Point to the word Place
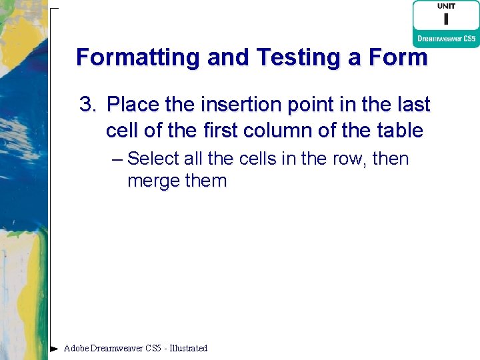[x=133, y=105]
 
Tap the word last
[x=413, y=105]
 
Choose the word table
[x=398, y=130]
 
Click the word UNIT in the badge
[x=446, y=7]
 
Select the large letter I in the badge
[x=446, y=21]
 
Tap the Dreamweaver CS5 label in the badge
[x=446, y=39]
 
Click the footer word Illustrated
[x=189, y=348]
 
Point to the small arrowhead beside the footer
[x=54, y=348]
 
